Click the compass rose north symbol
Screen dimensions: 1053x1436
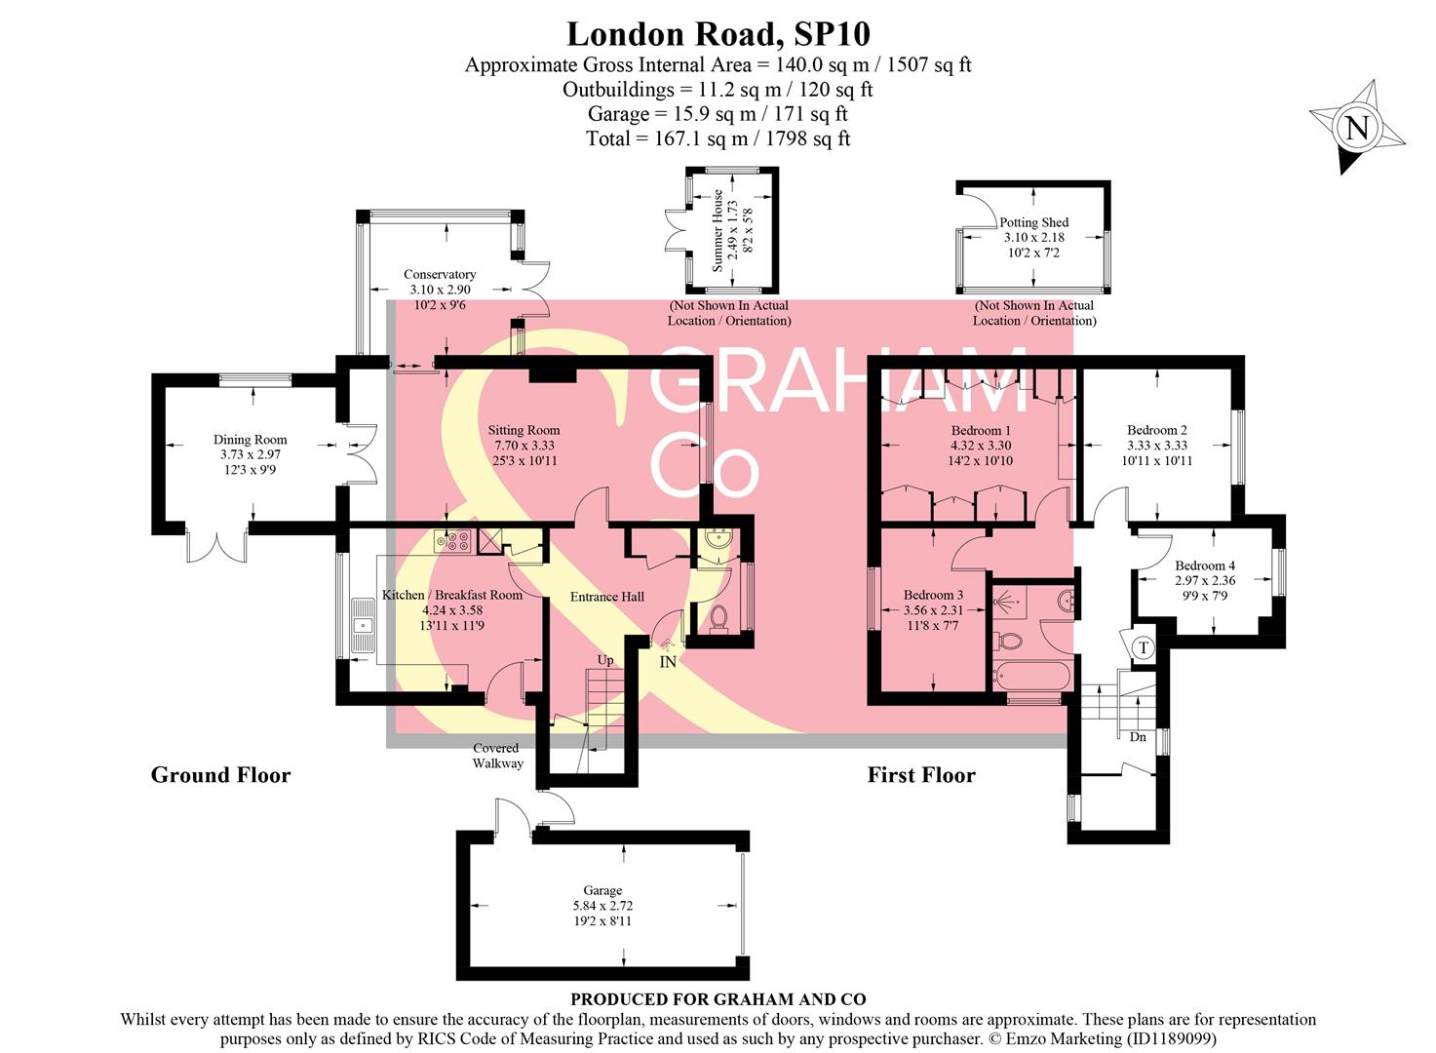1357,128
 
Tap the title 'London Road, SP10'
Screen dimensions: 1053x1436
718,34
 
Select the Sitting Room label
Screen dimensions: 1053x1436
524,430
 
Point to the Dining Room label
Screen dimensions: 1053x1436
250,440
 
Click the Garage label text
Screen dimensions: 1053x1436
602,890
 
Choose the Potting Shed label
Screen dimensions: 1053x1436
1033,222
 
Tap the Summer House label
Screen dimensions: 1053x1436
718,230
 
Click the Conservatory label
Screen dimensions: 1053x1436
440,275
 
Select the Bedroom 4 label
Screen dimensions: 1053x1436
1205,565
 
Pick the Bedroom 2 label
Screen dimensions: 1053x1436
1156,430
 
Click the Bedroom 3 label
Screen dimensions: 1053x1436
933,595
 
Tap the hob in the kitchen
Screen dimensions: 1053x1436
453,540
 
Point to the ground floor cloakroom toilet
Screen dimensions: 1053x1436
719,618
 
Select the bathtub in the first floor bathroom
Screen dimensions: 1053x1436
1031,676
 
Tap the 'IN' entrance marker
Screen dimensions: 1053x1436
668,662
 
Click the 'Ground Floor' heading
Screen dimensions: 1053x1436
220,775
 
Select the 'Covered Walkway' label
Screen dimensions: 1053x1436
497,756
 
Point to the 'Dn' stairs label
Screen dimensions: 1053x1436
1138,737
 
